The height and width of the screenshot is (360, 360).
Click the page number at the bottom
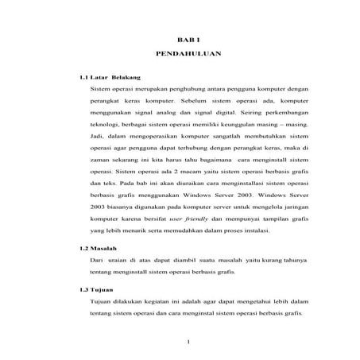click(x=188, y=343)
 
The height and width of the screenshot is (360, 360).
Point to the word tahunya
click(x=271, y=260)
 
